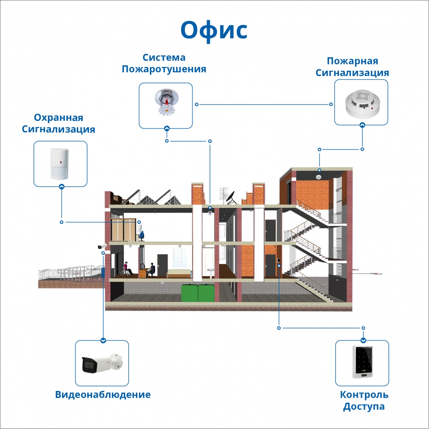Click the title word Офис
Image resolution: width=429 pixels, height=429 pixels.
click(214, 30)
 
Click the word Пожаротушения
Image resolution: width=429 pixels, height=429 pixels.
click(164, 69)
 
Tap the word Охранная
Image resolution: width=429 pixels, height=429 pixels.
click(58, 118)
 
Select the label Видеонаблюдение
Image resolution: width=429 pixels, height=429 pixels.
click(103, 395)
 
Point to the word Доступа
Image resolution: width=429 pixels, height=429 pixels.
click(364, 407)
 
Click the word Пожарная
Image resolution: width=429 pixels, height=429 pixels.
click(352, 61)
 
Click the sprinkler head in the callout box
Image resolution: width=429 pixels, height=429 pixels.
click(166, 102)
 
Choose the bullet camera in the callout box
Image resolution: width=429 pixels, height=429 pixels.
click(102, 363)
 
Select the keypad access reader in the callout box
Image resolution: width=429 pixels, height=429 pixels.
click(362, 362)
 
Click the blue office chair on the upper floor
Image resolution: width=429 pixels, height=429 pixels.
click(141, 236)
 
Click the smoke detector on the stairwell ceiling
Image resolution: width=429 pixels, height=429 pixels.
click(319, 177)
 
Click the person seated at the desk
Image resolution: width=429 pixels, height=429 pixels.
click(151, 269)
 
